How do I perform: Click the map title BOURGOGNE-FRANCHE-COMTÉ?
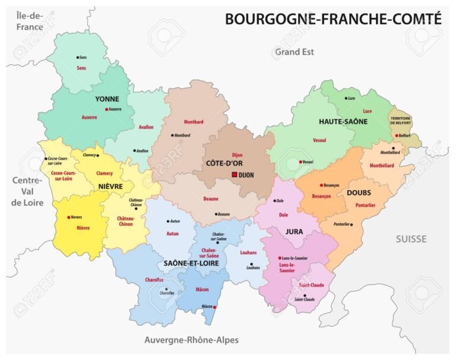pyautogui.click(x=333, y=19)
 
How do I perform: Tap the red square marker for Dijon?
pyautogui.click(x=235, y=175)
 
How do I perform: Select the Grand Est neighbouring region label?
pyautogui.click(x=294, y=52)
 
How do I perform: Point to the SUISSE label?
pyautogui.click(x=411, y=239)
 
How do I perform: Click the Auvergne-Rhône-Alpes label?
pyautogui.click(x=191, y=340)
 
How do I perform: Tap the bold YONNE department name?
pyautogui.click(x=107, y=99)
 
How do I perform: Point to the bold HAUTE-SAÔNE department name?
pyautogui.click(x=343, y=121)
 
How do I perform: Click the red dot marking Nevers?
pyautogui.click(x=69, y=217)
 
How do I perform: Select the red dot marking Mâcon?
pyautogui.click(x=215, y=307)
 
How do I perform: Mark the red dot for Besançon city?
pyautogui.click(x=322, y=185)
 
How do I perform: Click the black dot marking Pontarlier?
pyautogui.click(x=351, y=225)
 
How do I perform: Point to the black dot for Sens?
pyautogui.click(x=78, y=58)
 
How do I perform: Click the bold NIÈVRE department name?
pyautogui.click(x=107, y=187)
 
